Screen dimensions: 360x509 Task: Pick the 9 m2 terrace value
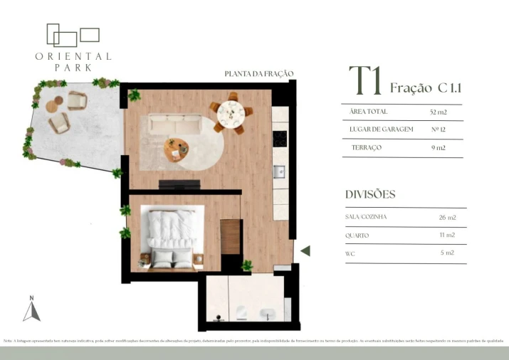[438, 147]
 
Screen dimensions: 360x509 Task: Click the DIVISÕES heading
[369, 194]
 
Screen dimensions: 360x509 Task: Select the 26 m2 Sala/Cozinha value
[447, 217]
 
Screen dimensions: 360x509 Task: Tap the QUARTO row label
[357, 235]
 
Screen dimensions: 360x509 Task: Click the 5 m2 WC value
[447, 253]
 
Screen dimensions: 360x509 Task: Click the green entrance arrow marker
[305, 250]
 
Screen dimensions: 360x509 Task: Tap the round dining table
[231, 112]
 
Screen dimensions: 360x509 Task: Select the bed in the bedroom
[172, 238]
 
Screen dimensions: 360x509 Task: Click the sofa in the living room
[177, 126]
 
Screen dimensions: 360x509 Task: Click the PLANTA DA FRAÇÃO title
[258, 74]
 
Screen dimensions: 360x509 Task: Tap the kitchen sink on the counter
[280, 171]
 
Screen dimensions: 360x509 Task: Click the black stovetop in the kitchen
[280, 138]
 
